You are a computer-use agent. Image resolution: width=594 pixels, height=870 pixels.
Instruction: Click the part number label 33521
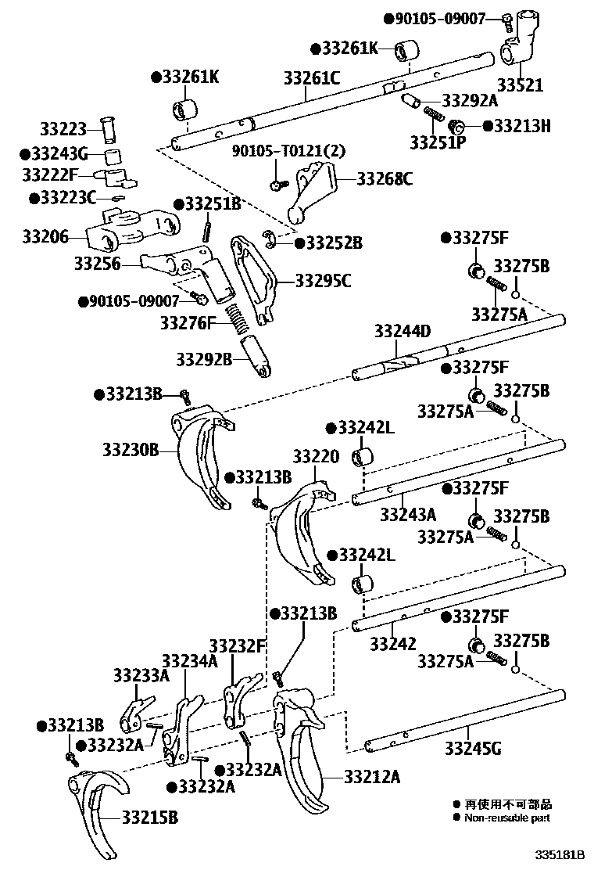[521, 85]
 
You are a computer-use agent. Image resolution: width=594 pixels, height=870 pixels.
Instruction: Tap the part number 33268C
[385, 179]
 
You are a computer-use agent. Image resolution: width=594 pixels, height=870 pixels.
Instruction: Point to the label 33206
[45, 235]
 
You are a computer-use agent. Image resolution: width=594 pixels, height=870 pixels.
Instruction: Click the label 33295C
[323, 280]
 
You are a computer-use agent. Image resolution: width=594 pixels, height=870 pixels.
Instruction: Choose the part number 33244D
[402, 331]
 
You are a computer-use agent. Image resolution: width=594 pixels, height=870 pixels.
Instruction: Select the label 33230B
[130, 450]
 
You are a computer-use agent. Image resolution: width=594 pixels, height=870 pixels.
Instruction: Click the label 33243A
[408, 514]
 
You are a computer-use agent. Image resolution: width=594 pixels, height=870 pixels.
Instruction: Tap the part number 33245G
[474, 749]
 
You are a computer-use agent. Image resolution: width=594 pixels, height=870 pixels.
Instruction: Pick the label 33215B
[149, 818]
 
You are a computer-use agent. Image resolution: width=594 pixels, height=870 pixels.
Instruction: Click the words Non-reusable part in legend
[506, 818]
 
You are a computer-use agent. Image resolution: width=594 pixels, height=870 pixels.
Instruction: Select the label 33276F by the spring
[188, 322]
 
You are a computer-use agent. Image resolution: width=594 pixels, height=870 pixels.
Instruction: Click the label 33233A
[141, 674]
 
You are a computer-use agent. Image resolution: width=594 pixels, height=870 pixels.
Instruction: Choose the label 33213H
[521, 126]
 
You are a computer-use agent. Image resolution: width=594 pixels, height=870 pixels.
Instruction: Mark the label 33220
[316, 455]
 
